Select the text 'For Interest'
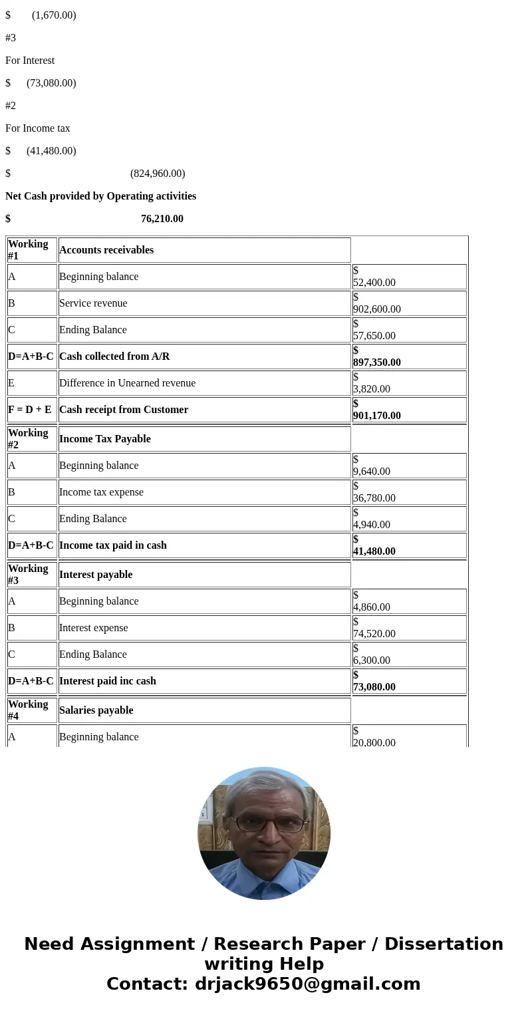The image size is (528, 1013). point(30,61)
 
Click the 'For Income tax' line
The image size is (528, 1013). point(38,128)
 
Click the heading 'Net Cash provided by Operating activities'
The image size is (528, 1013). point(100,196)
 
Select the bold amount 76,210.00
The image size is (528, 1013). point(162,219)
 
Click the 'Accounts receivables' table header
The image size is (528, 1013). point(106,250)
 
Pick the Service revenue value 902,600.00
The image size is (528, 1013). point(377,309)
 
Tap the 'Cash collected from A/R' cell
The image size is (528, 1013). point(114,357)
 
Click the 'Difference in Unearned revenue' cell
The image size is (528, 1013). point(127,383)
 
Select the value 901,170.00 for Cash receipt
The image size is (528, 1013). point(377,415)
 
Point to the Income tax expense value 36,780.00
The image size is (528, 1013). point(374,498)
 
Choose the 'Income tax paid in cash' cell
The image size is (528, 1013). point(113,545)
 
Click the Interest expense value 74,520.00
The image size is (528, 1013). point(374,633)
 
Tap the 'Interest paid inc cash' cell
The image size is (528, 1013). point(108,681)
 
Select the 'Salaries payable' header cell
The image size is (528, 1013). point(96,710)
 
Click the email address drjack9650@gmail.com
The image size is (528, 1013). point(307,984)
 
